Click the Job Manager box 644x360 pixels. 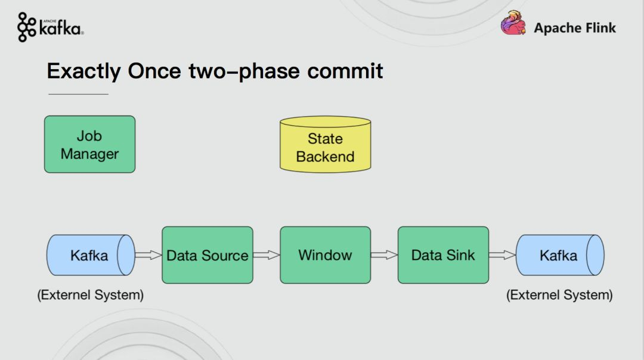pyautogui.click(x=89, y=144)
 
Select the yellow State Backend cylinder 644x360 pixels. pyautogui.click(x=326, y=144)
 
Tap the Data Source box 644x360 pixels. pyautogui.click(x=208, y=255)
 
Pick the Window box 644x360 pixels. pyautogui.click(x=326, y=255)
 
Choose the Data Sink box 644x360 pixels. pyautogui.click(x=443, y=255)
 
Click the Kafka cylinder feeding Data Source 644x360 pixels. pyautogui.click(x=91, y=255)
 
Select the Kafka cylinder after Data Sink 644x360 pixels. pyautogui.click(x=560, y=255)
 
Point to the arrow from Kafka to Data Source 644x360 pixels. pyautogui.click(x=148, y=255)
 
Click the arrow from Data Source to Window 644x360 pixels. pyautogui.click(x=267, y=255)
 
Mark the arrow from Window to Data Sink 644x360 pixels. pyautogui.click(x=385, y=255)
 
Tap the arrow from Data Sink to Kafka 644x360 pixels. pyautogui.click(x=502, y=255)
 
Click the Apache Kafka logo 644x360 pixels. pyautogui.click(x=51, y=27)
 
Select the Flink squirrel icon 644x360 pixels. pyautogui.click(x=513, y=23)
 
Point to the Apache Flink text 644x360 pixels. pyautogui.click(x=575, y=28)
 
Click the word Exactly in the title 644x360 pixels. pyautogui.click(x=84, y=72)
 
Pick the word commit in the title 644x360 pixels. pyautogui.click(x=345, y=72)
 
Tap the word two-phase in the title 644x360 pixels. pyautogui.click(x=244, y=72)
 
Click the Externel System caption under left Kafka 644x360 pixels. pyautogui.click(x=91, y=295)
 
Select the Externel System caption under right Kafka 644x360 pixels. pyautogui.click(x=559, y=295)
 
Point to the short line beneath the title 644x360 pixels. pyautogui.click(x=79, y=94)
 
